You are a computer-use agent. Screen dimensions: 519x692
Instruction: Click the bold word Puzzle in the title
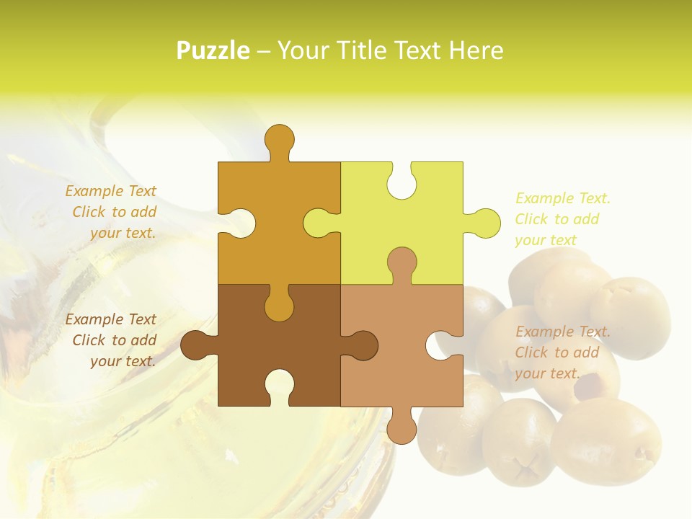click(213, 50)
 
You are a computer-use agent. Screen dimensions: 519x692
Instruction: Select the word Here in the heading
click(475, 50)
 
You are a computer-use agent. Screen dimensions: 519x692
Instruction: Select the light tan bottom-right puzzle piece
click(389, 368)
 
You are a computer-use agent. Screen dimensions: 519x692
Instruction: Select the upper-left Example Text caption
click(112, 212)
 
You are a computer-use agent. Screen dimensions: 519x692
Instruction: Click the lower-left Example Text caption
click(112, 340)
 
